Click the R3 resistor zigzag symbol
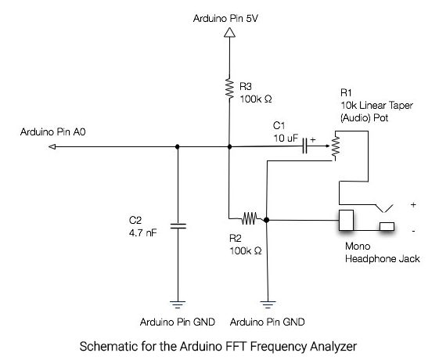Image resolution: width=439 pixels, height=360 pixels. [229, 88]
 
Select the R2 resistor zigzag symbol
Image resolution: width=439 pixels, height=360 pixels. [249, 218]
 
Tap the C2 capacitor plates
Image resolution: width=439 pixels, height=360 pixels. [178, 226]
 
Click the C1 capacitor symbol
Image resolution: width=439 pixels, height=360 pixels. [305, 146]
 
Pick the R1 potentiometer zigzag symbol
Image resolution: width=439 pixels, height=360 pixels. [336, 146]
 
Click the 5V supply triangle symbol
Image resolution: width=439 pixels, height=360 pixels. [229, 32]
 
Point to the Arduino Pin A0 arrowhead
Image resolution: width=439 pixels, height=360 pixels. [52, 146]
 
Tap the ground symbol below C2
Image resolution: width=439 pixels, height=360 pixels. [178, 304]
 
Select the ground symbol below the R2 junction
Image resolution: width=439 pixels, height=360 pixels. [268, 304]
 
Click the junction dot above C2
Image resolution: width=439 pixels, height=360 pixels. [177, 146]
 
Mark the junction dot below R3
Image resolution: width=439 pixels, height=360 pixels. [229, 146]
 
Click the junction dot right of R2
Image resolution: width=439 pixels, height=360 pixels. [267, 220]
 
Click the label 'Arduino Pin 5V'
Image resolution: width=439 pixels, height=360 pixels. [225, 19]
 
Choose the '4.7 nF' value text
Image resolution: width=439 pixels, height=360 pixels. [142, 233]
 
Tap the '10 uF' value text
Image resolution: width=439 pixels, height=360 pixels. [286, 139]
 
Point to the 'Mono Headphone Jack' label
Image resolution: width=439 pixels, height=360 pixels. [383, 253]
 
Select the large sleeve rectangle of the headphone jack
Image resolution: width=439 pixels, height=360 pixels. [346, 221]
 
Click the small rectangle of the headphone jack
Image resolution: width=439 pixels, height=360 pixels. [387, 226]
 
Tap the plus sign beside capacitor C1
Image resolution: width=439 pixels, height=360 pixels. [313, 139]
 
